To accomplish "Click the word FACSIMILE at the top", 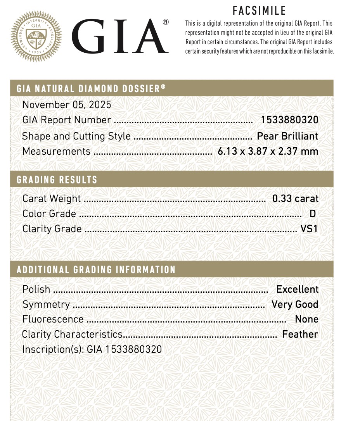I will click(259, 10).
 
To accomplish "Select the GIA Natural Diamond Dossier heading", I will click(91, 89).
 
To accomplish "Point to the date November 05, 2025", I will click(67, 105).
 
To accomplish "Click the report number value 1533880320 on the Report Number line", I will click(289, 120).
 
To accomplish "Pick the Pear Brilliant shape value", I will click(287, 136).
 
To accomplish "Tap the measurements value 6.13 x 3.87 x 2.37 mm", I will click(268, 151).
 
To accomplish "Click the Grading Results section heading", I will click(57, 180).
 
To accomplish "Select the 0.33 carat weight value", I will click(295, 199).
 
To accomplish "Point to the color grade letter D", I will click(313, 214).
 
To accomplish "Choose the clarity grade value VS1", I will click(309, 229).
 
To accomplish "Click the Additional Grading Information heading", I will click(96, 270).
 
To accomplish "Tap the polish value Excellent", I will click(297, 289).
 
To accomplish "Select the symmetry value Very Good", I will click(295, 304).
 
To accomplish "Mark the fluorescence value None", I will click(306, 319).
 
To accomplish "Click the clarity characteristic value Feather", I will click(300, 334).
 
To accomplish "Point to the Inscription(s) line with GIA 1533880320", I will click(92, 349).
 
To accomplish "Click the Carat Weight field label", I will click(52, 199).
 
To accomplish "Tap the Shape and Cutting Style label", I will click(76, 136).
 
